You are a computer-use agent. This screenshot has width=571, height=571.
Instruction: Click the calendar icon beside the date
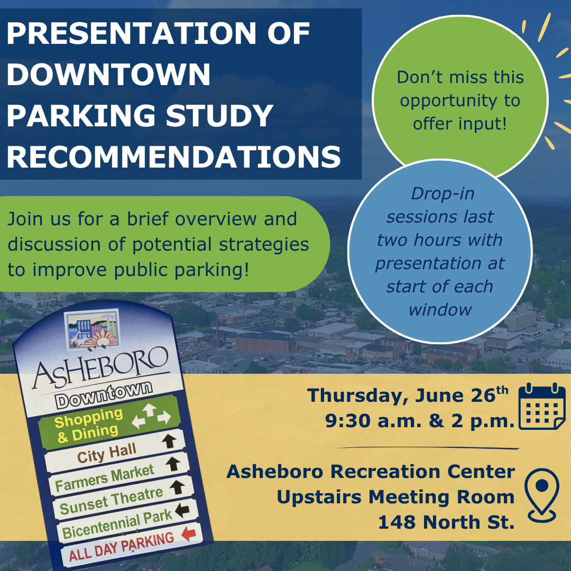(x=542, y=406)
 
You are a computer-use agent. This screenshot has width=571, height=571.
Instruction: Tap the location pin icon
(x=542, y=495)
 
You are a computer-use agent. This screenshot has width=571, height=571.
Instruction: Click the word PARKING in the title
(x=81, y=115)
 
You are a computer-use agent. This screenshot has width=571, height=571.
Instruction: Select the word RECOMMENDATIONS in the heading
(x=174, y=157)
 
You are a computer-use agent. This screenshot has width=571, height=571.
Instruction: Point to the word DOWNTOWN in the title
(x=108, y=75)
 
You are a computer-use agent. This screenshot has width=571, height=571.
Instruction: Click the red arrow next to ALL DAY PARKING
(x=189, y=534)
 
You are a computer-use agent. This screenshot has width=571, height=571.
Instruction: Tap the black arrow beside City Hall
(x=169, y=441)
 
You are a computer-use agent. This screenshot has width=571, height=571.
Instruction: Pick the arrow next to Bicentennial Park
(x=182, y=510)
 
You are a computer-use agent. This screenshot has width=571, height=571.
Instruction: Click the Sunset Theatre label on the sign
(x=111, y=501)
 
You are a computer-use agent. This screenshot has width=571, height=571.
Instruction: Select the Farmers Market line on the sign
(x=105, y=478)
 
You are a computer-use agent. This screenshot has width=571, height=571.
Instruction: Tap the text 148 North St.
(x=446, y=522)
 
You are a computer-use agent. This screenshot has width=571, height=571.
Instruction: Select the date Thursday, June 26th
(x=408, y=395)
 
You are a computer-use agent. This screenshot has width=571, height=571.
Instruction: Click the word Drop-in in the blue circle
(x=443, y=194)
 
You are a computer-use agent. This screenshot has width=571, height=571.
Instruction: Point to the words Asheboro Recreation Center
(x=371, y=472)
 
